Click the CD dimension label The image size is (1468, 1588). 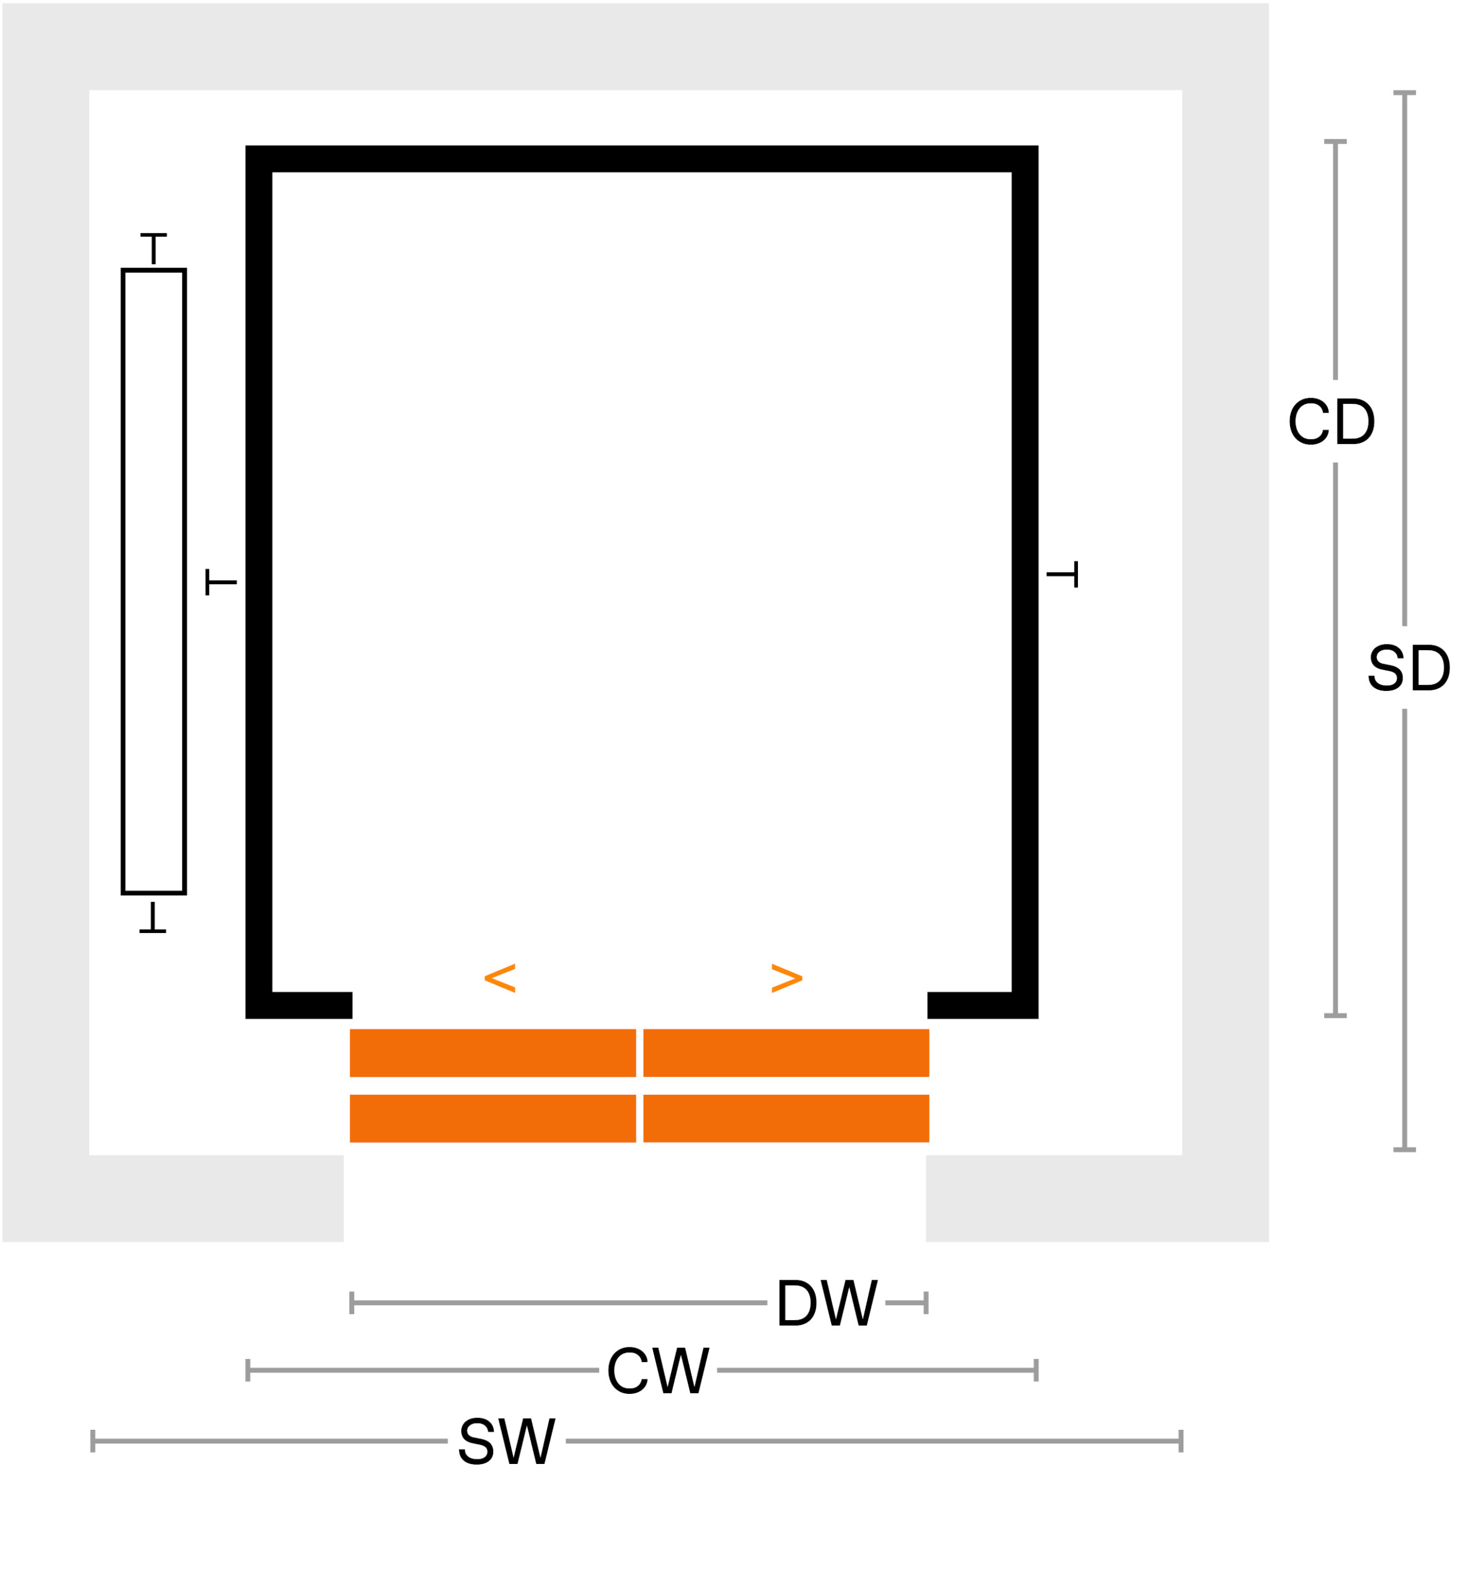[x=1332, y=421]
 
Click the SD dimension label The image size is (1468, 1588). [x=1409, y=667]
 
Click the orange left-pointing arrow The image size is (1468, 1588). [x=500, y=979]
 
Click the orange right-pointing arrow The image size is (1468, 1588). [x=787, y=979]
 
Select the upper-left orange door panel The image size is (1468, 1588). [x=492, y=1053]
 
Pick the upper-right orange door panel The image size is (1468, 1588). [x=786, y=1053]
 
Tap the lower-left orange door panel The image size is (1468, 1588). [x=492, y=1119]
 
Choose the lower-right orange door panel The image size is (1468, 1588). [x=786, y=1119]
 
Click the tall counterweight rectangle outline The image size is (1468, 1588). [x=123, y=581]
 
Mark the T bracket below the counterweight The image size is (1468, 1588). [x=153, y=917]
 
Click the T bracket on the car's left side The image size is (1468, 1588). [x=221, y=582]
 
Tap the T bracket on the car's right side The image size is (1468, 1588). [x=1062, y=574]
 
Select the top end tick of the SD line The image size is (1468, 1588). [x=1405, y=93]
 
